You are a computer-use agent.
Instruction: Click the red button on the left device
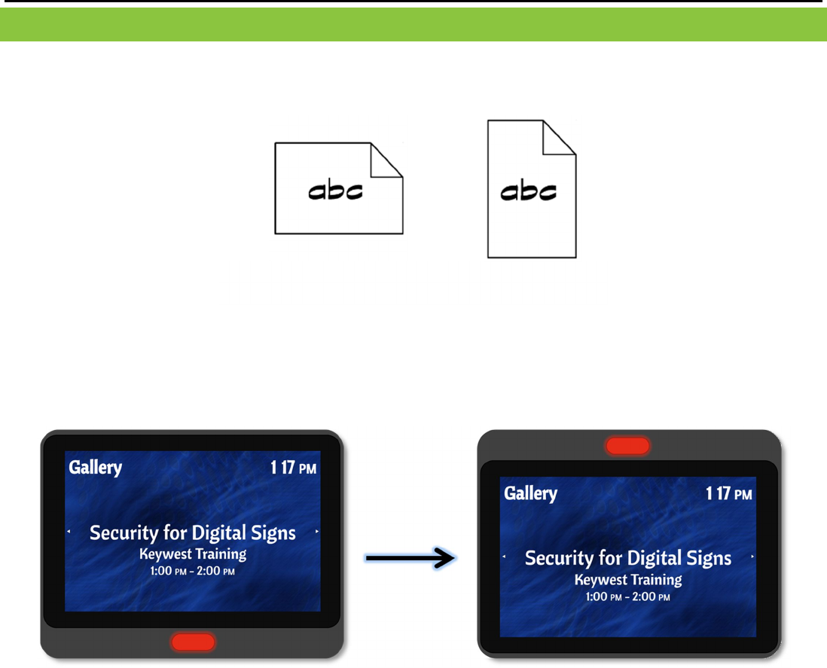[x=193, y=642]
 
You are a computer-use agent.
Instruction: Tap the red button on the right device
[x=627, y=445]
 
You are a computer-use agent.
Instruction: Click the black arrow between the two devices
[x=410, y=558]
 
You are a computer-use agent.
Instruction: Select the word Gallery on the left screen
[x=95, y=468]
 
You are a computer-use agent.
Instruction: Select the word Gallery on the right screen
[x=530, y=493]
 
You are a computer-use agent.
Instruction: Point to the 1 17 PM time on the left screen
[x=294, y=468]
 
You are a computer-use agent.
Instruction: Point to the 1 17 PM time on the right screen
[x=728, y=494]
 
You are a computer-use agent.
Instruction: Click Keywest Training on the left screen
[x=193, y=554]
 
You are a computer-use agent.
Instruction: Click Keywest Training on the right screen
[x=628, y=580]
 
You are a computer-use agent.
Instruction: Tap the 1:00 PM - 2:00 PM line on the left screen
[x=193, y=571]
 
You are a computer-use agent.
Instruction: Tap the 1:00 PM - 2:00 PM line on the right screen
[x=628, y=596]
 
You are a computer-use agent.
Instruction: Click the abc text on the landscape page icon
[x=336, y=191]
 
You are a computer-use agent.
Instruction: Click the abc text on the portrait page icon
[x=529, y=192]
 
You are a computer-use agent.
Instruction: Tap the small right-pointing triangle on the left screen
[x=317, y=532]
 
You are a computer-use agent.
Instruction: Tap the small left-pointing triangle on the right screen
[x=504, y=557]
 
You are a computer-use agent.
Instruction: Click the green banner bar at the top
[x=413, y=25]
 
